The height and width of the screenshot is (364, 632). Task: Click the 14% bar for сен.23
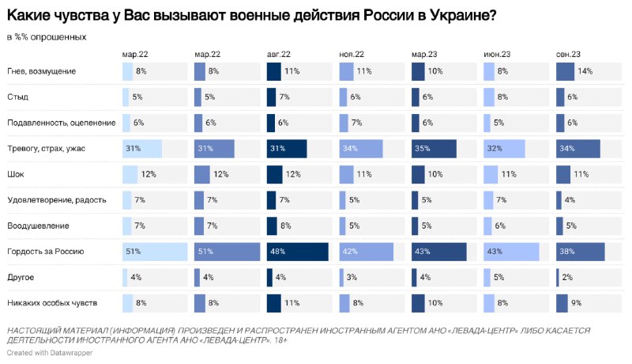(565, 71)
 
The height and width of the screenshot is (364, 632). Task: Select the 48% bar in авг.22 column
(298, 252)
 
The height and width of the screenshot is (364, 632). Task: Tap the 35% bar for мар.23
(434, 149)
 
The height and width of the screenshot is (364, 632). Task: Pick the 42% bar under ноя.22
(366, 252)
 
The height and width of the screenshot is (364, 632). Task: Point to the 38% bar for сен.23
(581, 252)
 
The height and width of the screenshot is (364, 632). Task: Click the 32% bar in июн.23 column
(504, 149)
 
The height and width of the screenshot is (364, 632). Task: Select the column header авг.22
(279, 55)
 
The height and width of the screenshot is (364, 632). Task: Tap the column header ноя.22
(352, 55)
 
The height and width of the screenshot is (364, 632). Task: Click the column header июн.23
(497, 55)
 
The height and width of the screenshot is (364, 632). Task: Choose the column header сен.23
(568, 55)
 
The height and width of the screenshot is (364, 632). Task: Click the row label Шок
(16, 174)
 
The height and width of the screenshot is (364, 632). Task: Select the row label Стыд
(17, 97)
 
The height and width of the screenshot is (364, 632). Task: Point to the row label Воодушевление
(38, 226)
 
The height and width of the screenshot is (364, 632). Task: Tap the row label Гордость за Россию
(46, 252)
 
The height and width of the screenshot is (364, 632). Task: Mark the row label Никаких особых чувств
(52, 303)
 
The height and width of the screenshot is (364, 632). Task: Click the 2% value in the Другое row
(567, 278)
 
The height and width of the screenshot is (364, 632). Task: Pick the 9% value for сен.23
(577, 303)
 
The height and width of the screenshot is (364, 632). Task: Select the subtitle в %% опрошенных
(47, 37)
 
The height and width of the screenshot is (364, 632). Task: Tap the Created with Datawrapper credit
(50, 353)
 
